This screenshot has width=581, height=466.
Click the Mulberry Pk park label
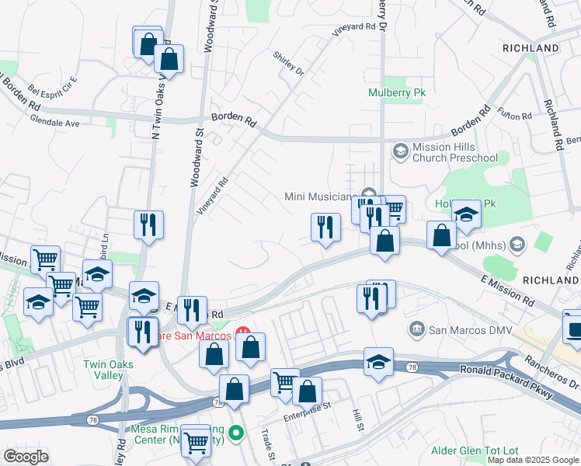click(397, 92)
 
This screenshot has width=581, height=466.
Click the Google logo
click(25, 457)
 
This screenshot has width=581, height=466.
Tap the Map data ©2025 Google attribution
click(532, 460)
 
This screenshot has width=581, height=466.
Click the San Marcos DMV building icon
click(417, 329)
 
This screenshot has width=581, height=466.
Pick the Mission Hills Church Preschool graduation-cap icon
click(401, 151)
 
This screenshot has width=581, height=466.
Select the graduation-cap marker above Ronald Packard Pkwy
click(378, 361)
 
